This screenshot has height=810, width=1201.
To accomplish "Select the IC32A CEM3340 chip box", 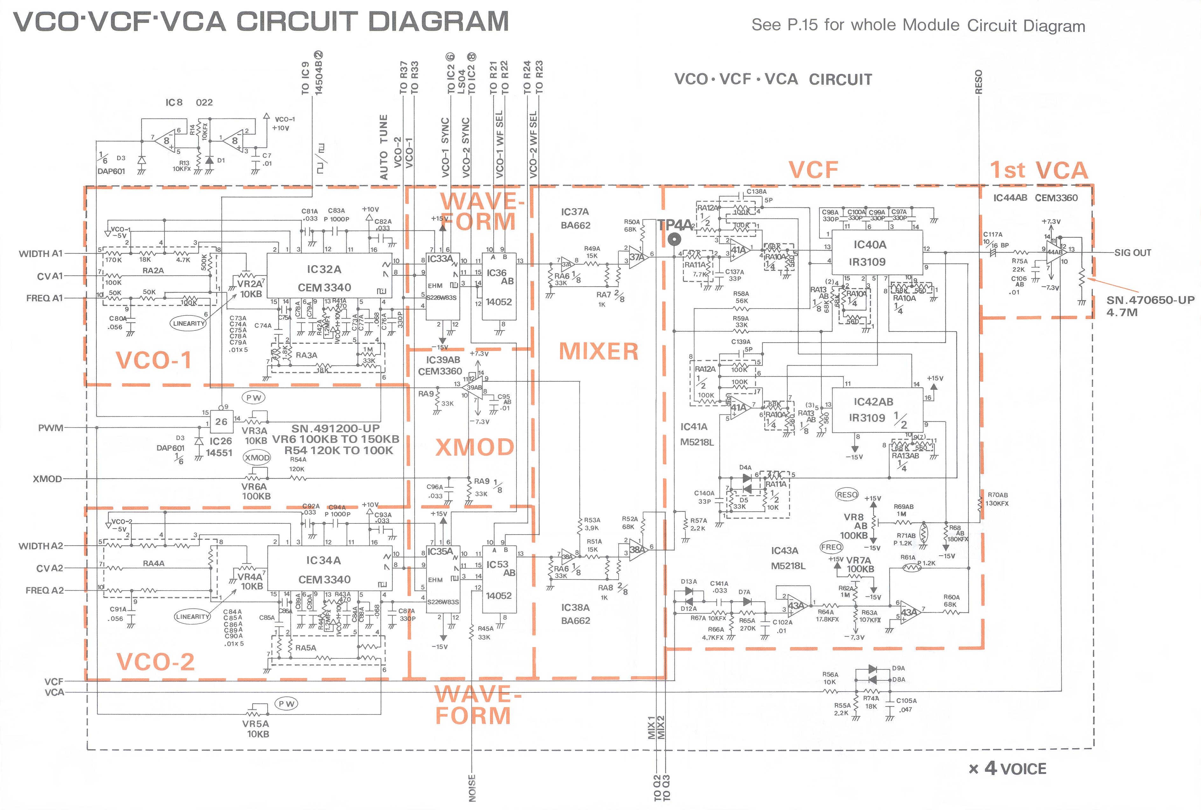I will (x=329, y=275).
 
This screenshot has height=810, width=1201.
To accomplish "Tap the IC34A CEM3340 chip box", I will (x=329, y=568).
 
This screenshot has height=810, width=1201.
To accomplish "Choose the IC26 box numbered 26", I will (x=221, y=422).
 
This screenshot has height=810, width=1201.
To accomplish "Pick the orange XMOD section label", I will (x=474, y=447).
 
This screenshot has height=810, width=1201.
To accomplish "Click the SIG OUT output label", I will (x=1132, y=252).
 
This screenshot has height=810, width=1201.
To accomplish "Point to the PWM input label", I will (x=51, y=428).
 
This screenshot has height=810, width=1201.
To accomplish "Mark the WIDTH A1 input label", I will (x=41, y=254).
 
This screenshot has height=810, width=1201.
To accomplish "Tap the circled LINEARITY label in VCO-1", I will (x=189, y=323).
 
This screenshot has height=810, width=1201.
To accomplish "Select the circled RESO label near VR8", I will (x=847, y=494).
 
